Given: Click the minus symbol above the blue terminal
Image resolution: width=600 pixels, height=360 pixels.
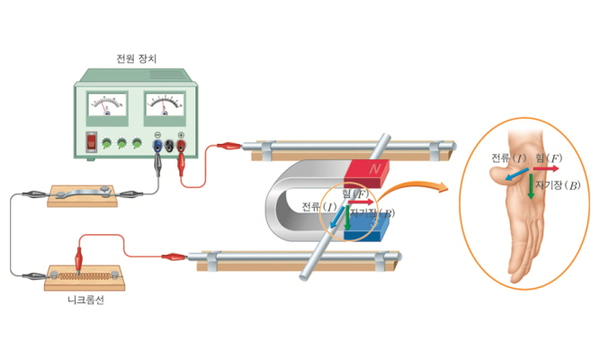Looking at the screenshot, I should pyautogui.click(x=157, y=135).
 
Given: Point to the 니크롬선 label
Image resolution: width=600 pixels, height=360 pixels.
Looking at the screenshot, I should pyautogui.click(x=85, y=300).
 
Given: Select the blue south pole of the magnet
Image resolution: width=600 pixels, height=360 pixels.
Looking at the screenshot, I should pyautogui.click(x=365, y=230).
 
